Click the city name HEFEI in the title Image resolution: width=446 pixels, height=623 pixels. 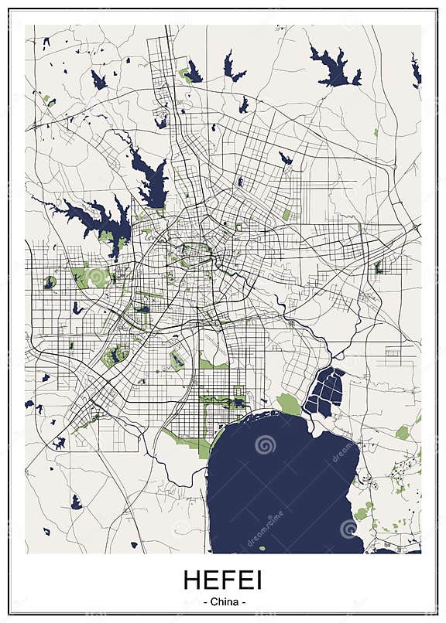223,580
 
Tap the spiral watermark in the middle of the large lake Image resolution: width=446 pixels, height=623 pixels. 265,444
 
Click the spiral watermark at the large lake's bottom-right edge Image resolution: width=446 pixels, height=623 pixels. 348,528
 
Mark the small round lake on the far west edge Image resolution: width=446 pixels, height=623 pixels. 50,283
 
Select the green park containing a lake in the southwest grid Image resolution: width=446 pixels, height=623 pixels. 115,356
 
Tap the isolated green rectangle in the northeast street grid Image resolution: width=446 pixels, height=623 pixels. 286,215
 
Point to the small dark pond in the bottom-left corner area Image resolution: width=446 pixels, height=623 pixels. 76,503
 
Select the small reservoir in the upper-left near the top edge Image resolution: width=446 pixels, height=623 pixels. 98,80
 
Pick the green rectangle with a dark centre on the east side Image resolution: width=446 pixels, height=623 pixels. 379,267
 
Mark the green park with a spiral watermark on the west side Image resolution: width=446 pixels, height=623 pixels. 97,276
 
